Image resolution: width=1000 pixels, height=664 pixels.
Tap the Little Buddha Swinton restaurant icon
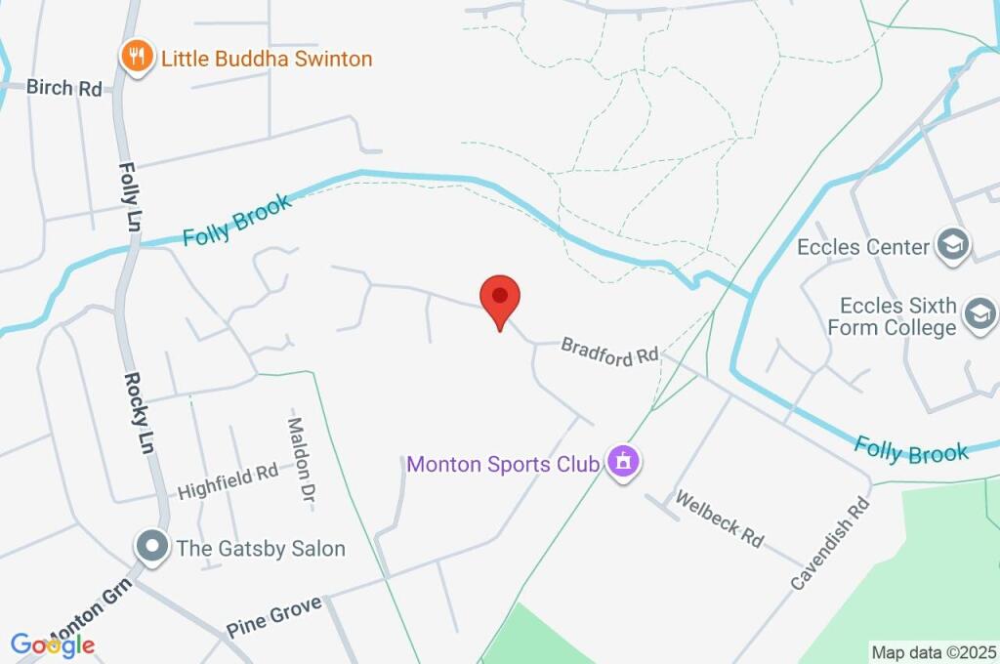click(x=137, y=57)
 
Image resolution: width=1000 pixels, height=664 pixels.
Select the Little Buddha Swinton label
click(x=266, y=59)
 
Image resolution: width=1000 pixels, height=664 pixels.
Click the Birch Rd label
click(x=64, y=88)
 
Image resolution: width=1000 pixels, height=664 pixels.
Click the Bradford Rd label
click(x=610, y=353)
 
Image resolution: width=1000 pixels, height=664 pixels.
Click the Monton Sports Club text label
click(x=502, y=464)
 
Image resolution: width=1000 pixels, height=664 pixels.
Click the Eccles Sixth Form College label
click(x=893, y=316)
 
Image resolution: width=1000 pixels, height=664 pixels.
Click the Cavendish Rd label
click(x=830, y=543)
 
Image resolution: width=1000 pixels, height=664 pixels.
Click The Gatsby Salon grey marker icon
click(x=152, y=547)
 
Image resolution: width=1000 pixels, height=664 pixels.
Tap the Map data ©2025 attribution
click(x=935, y=652)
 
